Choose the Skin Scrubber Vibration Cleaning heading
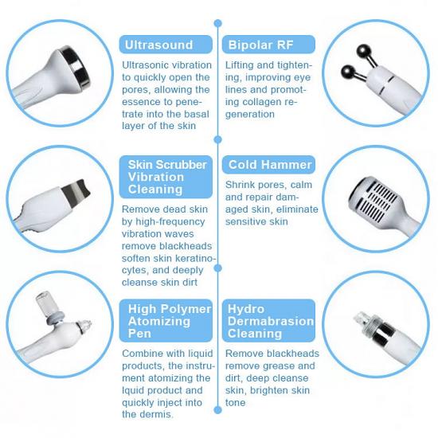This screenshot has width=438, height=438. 166,177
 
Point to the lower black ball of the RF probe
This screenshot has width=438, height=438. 348,77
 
